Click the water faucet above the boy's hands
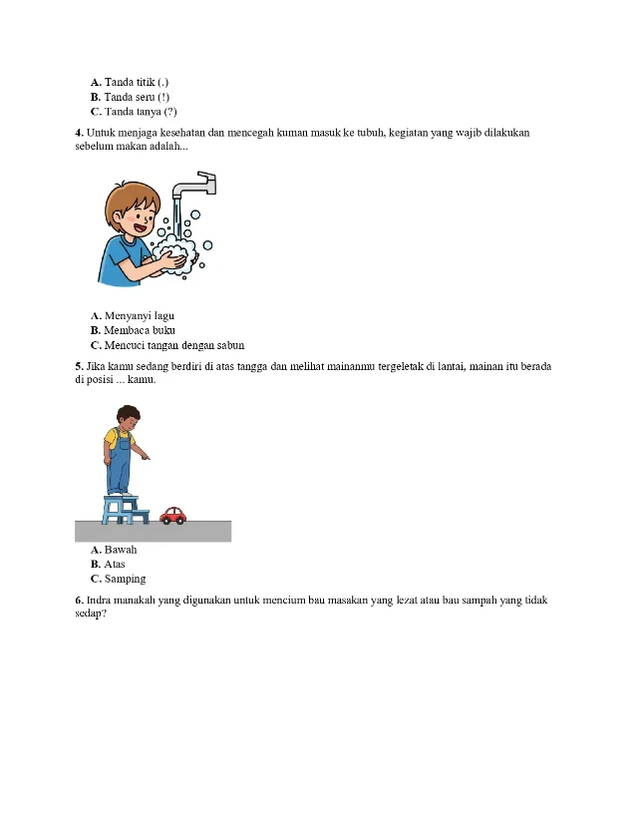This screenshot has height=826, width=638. coord(198,187)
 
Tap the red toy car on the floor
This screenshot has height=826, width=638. coord(173,515)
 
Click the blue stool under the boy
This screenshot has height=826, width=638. coord(126,509)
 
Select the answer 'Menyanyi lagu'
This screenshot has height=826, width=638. coord(139,315)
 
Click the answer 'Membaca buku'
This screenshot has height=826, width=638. coord(140,330)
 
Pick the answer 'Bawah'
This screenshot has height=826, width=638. coord(120,550)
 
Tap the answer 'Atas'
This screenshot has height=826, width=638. coord(115,564)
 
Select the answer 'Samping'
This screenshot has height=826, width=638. coord(125,579)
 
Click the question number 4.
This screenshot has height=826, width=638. coord(79,133)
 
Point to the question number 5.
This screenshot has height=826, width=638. coord(79,366)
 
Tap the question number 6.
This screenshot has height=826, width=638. coord(79,601)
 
